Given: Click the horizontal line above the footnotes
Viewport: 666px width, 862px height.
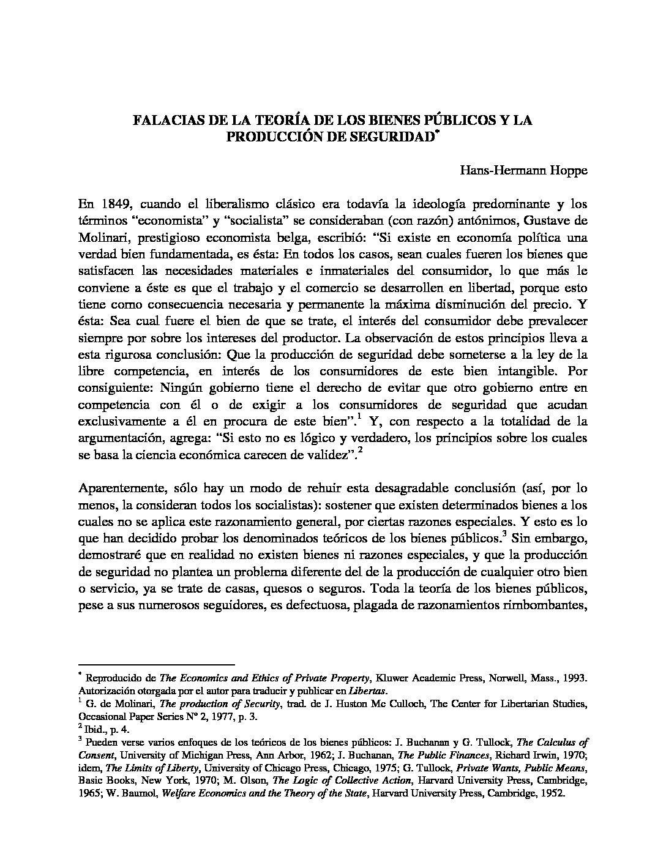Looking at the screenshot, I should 157,664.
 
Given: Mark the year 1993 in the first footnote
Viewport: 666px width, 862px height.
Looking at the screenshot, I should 575,678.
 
